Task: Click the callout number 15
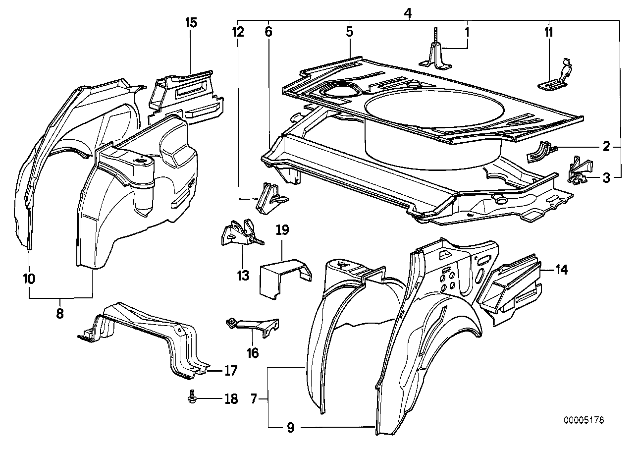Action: point(191,22)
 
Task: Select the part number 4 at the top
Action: point(408,13)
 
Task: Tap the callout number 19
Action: point(282,230)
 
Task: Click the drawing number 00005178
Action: point(584,420)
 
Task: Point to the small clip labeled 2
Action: point(540,151)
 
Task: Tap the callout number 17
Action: point(230,370)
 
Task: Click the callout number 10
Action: point(29,279)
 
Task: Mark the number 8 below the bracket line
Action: point(60,314)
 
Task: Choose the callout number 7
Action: point(253,398)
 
